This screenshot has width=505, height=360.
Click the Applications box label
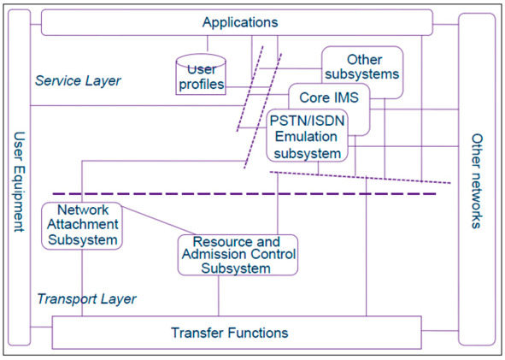coord(240,22)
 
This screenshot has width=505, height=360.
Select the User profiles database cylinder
coord(201,74)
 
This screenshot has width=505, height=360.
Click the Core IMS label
coord(329,97)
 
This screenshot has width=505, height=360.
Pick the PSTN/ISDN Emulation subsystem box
coord(308,135)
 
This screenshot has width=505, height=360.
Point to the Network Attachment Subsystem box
coord(82,226)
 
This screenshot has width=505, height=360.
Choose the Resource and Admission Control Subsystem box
coord(238,255)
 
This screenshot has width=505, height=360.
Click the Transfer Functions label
coord(229,333)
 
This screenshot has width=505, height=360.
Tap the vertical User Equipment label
coord(20,181)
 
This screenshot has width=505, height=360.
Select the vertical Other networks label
coord(477,181)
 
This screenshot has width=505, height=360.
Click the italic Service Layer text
coord(78,80)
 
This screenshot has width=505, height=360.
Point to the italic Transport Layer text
coord(86,298)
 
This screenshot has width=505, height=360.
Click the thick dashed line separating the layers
coord(244,194)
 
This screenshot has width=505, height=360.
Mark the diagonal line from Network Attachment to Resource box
coord(159,221)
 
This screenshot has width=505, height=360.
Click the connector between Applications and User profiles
coord(208,44)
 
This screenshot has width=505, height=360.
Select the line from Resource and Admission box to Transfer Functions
coord(219,296)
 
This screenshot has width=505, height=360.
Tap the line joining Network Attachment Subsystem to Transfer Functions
coord(82,283)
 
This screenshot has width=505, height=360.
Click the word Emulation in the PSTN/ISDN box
coord(306,137)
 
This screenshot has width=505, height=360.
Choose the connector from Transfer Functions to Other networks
coord(440,331)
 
